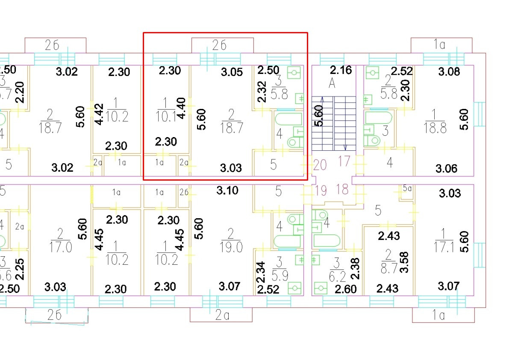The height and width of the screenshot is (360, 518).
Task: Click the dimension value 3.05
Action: (x=232, y=72)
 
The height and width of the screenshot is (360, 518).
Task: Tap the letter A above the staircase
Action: (x=332, y=83)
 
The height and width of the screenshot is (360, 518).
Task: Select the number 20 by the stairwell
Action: (x=320, y=164)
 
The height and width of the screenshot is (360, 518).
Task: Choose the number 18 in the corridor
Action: (x=342, y=189)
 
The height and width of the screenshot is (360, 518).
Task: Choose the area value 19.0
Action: (x=231, y=247)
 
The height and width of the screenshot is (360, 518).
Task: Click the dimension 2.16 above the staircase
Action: (x=341, y=70)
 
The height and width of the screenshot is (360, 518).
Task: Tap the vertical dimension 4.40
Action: (x=181, y=109)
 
